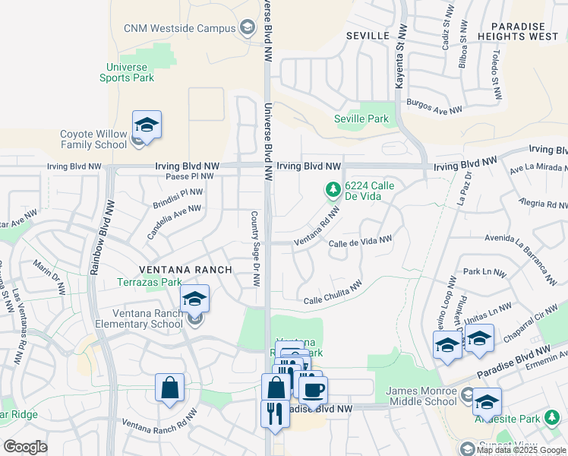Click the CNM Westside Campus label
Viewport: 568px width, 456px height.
[181, 28]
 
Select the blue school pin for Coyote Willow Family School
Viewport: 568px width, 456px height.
[147, 125]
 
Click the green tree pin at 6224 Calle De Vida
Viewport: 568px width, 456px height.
[332, 189]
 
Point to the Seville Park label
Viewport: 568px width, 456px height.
[361, 119]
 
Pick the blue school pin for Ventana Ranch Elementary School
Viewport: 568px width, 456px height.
[194, 300]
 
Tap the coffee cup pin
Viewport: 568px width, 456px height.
[312, 391]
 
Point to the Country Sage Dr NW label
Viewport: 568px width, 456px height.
[256, 249]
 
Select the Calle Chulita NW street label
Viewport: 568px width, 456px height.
[333, 294]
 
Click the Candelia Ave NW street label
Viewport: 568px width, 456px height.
[175, 221]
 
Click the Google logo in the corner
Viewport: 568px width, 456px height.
[24, 447]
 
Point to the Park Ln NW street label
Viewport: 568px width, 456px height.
[484, 271]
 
